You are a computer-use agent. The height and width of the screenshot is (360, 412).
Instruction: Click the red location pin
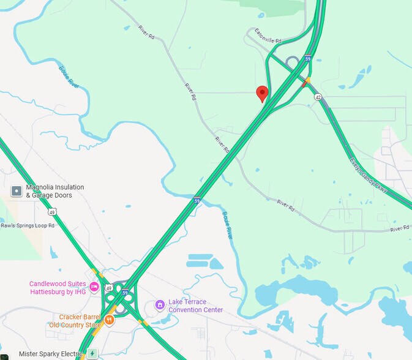262,93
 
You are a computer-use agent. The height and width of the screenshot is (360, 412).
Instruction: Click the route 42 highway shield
318,97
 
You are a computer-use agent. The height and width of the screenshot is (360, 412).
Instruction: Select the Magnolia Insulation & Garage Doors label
55,191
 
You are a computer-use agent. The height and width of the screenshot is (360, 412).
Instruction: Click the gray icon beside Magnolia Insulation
17,191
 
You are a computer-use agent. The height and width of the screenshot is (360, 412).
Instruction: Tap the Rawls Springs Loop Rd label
27,225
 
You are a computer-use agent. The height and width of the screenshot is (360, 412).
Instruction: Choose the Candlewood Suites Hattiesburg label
58,288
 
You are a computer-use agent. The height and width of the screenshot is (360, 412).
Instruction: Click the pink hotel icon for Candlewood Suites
94,287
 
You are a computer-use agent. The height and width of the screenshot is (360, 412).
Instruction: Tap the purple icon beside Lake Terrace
160,304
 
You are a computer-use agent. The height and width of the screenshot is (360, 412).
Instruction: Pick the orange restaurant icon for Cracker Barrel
109,319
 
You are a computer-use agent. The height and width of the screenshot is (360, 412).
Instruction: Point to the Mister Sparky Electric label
50,354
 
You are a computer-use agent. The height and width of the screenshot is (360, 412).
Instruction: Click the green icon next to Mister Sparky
92,353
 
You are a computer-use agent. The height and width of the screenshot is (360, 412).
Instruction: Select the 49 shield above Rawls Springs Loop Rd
53,212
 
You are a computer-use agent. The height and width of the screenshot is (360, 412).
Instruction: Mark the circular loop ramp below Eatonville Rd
293,62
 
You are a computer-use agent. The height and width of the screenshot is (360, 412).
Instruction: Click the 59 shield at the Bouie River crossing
197,200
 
